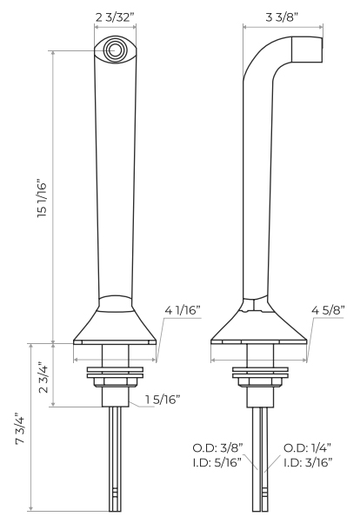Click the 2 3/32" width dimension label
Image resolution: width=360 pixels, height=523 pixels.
(x=115, y=17)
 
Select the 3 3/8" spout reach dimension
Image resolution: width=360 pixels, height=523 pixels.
(x=282, y=17)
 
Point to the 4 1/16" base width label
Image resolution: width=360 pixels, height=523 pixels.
(x=183, y=311)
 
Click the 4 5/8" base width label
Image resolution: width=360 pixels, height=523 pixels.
(x=328, y=310)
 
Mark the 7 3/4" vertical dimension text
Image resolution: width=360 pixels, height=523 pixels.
(x=20, y=430)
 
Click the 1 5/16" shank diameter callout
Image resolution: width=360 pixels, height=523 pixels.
(x=163, y=400)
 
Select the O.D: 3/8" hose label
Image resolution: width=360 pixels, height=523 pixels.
(x=217, y=448)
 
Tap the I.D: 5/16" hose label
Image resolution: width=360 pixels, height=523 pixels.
(x=217, y=463)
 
